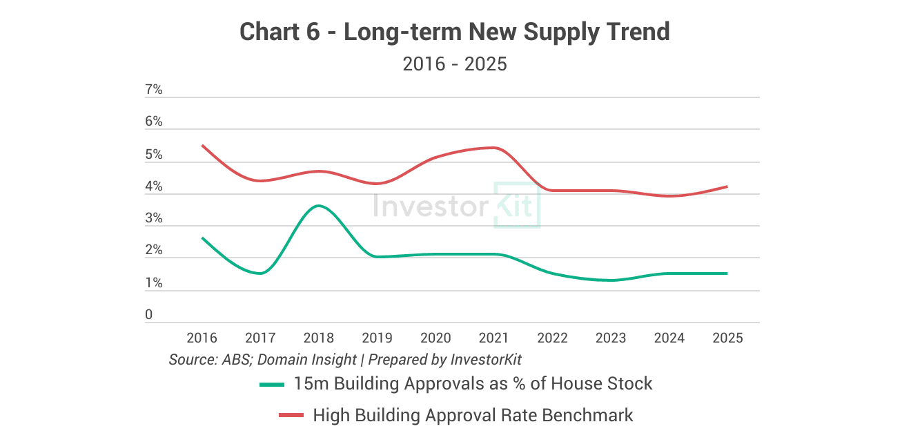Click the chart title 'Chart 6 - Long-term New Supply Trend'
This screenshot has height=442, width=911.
[x=455, y=32]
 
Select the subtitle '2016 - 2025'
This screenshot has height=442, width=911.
[x=455, y=64]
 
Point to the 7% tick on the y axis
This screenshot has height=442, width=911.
[x=153, y=90]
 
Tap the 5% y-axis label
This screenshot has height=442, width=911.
[x=153, y=155]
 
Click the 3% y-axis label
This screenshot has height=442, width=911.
[x=153, y=218]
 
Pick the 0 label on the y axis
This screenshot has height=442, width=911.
[x=148, y=315]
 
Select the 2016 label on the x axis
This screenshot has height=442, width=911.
[x=202, y=338]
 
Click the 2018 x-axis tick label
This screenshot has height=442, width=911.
[x=318, y=338]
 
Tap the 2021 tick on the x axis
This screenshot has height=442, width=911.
[x=493, y=338]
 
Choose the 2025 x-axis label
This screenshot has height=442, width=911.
[x=727, y=338]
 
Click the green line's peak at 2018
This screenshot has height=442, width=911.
[x=318, y=205]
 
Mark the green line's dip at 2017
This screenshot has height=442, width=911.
[x=259, y=273]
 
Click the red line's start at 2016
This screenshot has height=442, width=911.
[x=202, y=145]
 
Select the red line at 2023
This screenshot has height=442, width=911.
[x=611, y=191]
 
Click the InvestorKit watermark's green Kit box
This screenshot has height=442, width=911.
[x=517, y=205]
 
